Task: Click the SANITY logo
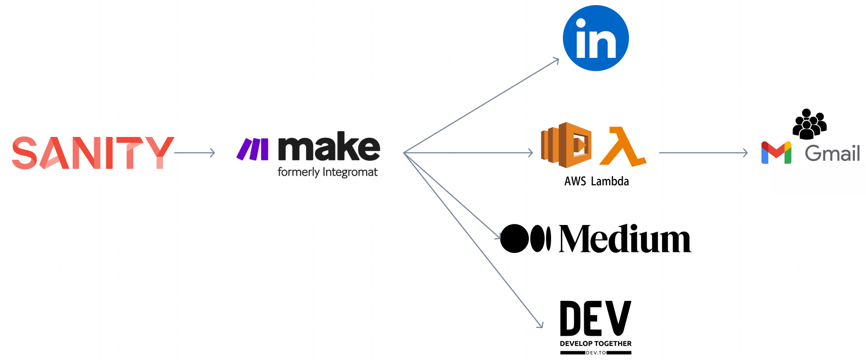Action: [92, 153]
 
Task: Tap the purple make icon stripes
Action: [252, 149]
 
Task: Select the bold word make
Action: [329, 147]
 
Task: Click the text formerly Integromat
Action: [327, 172]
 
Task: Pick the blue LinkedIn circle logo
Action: [596, 38]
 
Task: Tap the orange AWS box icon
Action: [566, 145]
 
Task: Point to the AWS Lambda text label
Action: [596, 181]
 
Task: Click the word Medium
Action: [625, 239]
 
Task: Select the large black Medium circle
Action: [514, 238]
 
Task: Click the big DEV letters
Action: [595, 319]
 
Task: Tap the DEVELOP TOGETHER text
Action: [595, 344]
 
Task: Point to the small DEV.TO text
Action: [596, 353]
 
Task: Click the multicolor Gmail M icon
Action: [776, 152]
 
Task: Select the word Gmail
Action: [832, 153]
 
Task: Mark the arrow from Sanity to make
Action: [194, 153]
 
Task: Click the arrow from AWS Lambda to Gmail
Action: [703, 153]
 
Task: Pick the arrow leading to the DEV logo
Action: [473, 240]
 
